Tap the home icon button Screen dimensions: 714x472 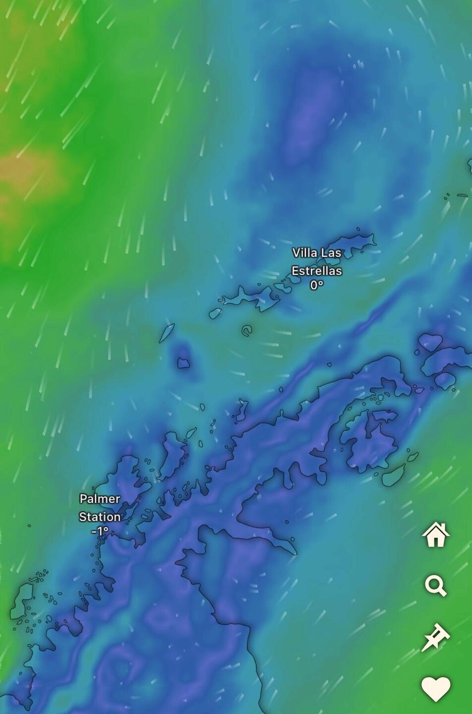(x=436, y=535)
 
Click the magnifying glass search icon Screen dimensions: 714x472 (x=436, y=586)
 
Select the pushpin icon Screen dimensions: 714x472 (x=435, y=637)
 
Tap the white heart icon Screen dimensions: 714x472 (x=436, y=689)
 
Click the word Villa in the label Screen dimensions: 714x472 (x=304, y=253)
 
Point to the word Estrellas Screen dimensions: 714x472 (x=316, y=271)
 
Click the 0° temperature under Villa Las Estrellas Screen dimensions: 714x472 (x=316, y=285)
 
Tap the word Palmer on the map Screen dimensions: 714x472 (x=100, y=499)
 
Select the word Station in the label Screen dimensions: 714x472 (x=100, y=517)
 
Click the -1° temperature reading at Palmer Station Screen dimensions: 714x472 (x=100, y=531)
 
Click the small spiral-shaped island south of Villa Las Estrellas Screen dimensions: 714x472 (x=246, y=330)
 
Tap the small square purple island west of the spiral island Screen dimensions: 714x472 (x=183, y=362)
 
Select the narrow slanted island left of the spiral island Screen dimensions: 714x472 (x=167, y=333)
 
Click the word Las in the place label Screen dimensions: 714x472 (x=331, y=253)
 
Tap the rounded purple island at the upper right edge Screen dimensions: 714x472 (x=430, y=342)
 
